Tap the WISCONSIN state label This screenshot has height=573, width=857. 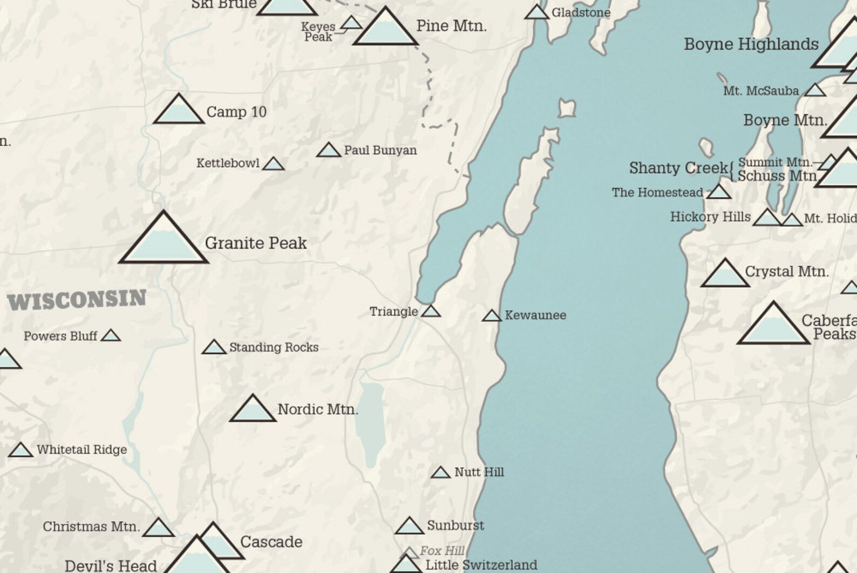click(x=77, y=300)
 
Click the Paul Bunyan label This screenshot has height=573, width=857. click(x=380, y=151)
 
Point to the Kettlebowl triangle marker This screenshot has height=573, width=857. click(x=273, y=164)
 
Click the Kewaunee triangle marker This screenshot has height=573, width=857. click(x=492, y=316)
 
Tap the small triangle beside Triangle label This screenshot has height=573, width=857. click(x=431, y=312)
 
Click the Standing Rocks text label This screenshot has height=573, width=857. click(x=274, y=347)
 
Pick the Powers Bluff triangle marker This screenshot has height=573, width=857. click(x=111, y=336)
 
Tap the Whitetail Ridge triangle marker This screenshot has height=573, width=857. click(x=21, y=450)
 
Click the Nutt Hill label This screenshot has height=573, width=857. click(x=479, y=472)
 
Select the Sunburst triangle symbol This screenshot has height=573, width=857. click(x=409, y=527)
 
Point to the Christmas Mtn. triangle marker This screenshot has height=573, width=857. click(x=159, y=529)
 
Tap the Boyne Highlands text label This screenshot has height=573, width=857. click(x=751, y=44)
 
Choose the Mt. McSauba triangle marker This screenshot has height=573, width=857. click(x=815, y=91)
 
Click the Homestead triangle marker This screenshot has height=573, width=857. click(x=719, y=192)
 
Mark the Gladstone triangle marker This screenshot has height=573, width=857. click(x=536, y=13)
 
